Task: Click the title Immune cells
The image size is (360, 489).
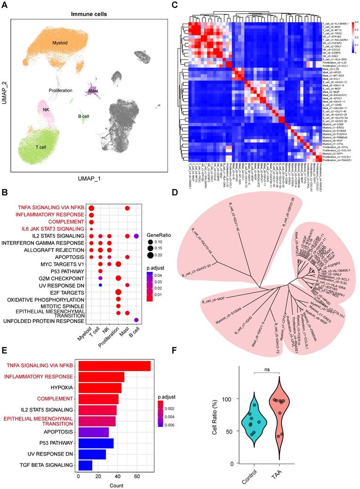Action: click(89, 14)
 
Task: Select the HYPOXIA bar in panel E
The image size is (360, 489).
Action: click(100, 388)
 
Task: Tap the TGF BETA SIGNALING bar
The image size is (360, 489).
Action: click(85, 465)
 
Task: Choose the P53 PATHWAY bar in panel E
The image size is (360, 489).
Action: click(96, 443)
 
